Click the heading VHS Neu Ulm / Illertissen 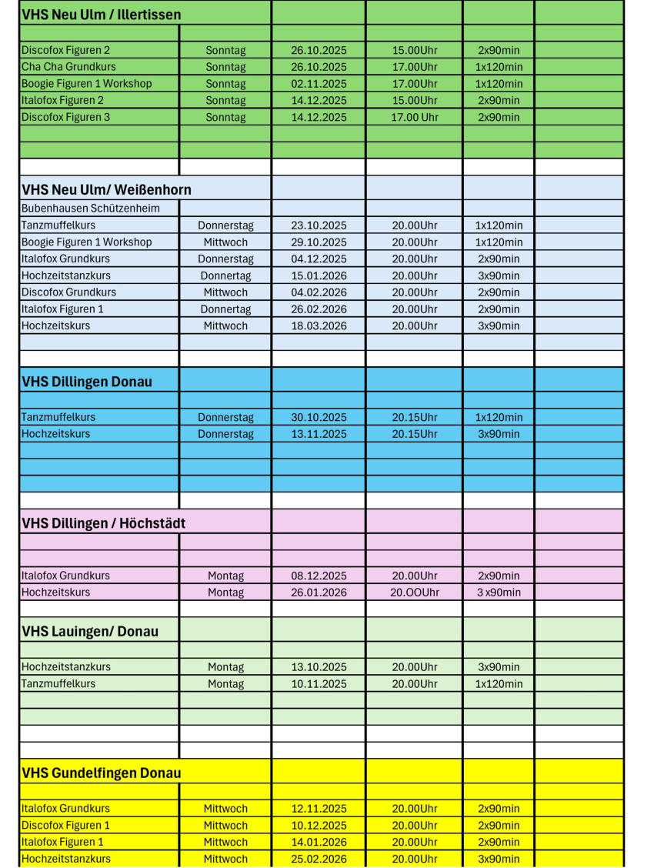(101, 15)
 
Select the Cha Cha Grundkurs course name (68, 67)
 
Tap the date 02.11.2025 (319, 84)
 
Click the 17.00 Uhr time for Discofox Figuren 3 (414, 118)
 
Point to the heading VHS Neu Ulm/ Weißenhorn (106, 189)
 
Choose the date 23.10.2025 (319, 225)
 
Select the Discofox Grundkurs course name (68, 292)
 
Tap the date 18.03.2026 (319, 326)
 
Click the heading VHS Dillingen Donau (87, 382)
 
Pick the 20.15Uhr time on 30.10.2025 (414, 418)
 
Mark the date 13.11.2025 (319, 434)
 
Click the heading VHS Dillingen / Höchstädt (103, 523)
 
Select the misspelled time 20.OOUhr (414, 593)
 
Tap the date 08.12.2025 (319, 576)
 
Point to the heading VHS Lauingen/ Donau (90, 632)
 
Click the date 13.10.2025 (319, 667)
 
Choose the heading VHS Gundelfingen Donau (101, 773)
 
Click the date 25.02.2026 (319, 860)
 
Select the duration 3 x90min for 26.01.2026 (498, 593)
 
